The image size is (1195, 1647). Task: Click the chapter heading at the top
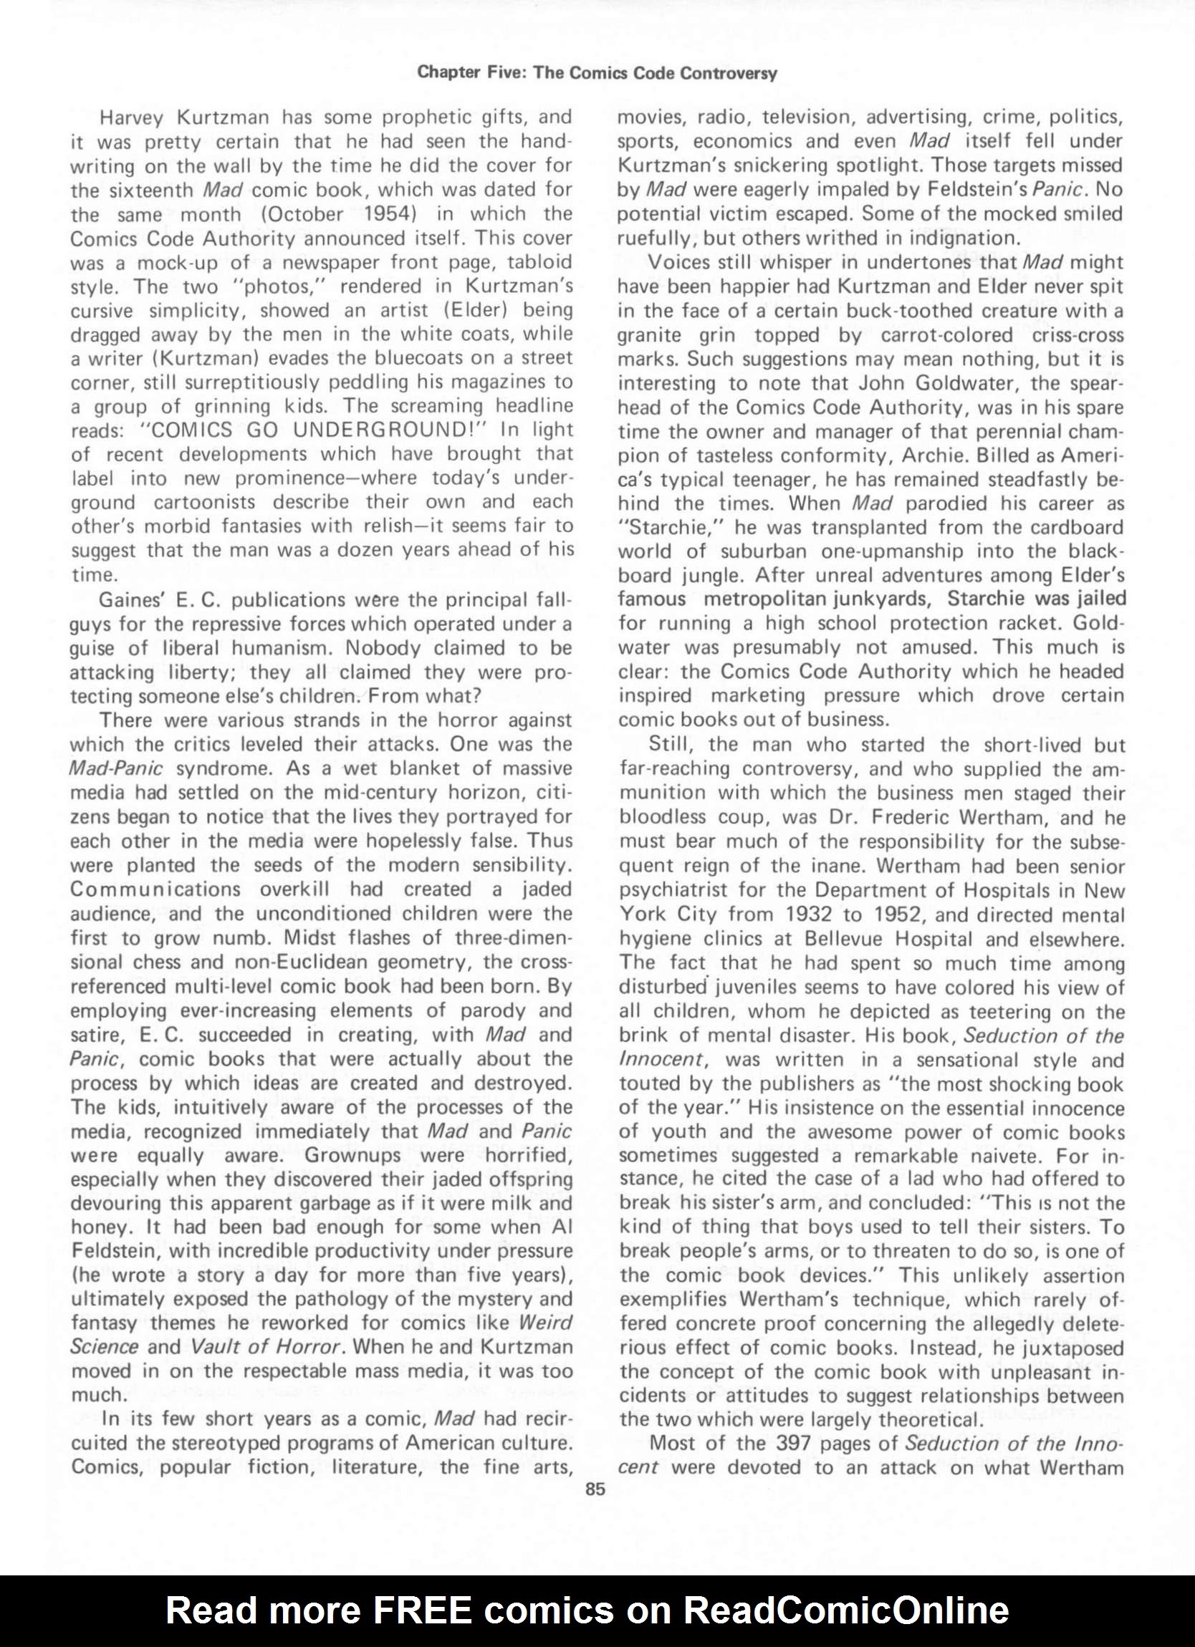click(x=597, y=73)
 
